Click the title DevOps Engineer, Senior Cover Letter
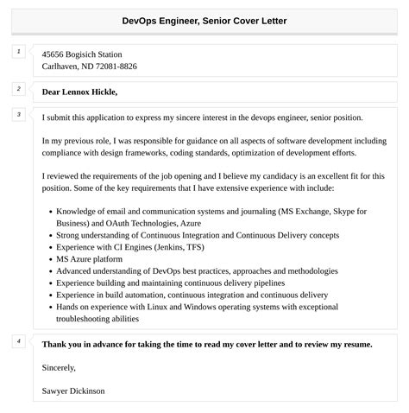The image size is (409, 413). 204,20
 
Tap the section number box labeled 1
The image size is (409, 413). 18,52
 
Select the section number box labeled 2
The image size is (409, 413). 18,88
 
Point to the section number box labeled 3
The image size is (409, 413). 18,114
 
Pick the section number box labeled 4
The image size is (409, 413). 18,341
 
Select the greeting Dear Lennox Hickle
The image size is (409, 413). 79,92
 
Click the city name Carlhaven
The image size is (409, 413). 60,66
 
